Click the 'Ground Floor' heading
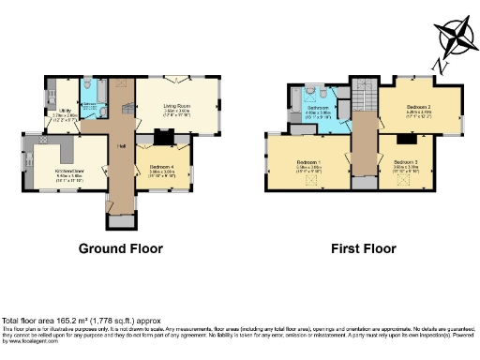click(120, 249)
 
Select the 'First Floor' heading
click(363, 249)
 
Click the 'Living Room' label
click(177, 107)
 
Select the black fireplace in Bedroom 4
click(161, 139)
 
